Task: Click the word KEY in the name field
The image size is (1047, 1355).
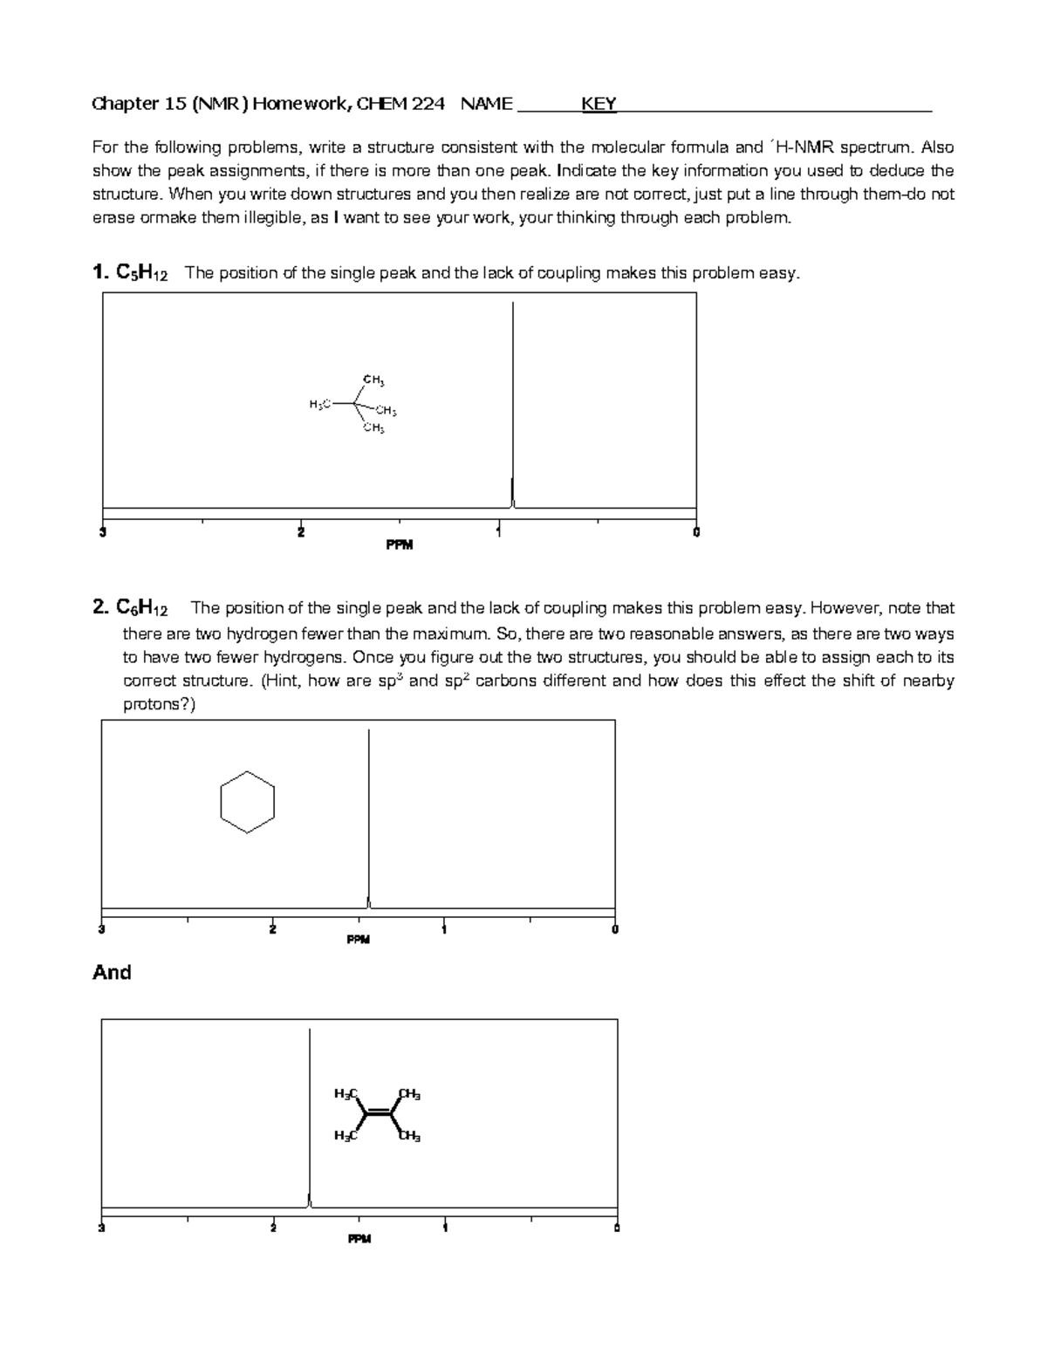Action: pyautogui.click(x=599, y=105)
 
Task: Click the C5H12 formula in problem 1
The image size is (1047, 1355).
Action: pyautogui.click(x=141, y=273)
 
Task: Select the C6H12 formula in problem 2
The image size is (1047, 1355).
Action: pyautogui.click(x=142, y=608)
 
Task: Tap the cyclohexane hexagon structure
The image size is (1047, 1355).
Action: pyautogui.click(x=248, y=802)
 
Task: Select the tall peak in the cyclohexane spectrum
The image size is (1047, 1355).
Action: pyautogui.click(x=369, y=811)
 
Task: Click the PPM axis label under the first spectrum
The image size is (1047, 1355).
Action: pyautogui.click(x=399, y=545)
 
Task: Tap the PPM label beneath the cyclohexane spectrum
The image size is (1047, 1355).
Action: pyautogui.click(x=358, y=941)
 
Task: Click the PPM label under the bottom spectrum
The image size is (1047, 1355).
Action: pyautogui.click(x=359, y=1239)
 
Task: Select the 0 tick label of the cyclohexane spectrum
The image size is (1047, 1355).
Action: pyautogui.click(x=615, y=929)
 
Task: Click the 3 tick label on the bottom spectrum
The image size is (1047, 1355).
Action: pyautogui.click(x=102, y=1228)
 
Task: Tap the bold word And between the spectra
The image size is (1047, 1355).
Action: pyautogui.click(x=112, y=973)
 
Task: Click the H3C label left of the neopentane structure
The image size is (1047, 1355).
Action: pyautogui.click(x=319, y=404)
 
